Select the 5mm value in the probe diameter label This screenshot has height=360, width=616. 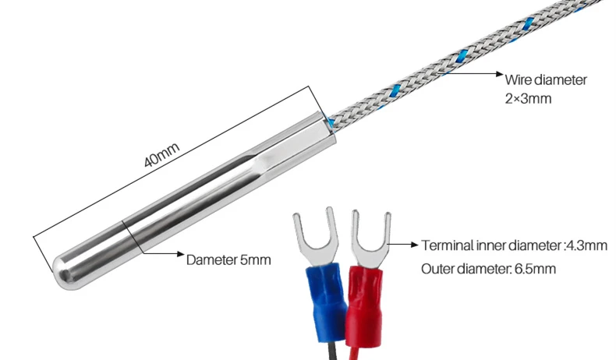(256, 260)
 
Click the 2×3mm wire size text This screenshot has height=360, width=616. (529, 98)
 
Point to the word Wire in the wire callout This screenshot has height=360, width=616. (518, 79)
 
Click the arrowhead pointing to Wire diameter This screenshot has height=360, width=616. (499, 73)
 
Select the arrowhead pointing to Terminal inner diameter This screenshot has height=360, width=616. (415, 244)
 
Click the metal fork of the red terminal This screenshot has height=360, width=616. (371, 241)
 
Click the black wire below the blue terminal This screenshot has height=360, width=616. (332, 351)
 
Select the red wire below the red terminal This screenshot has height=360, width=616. (356, 353)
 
